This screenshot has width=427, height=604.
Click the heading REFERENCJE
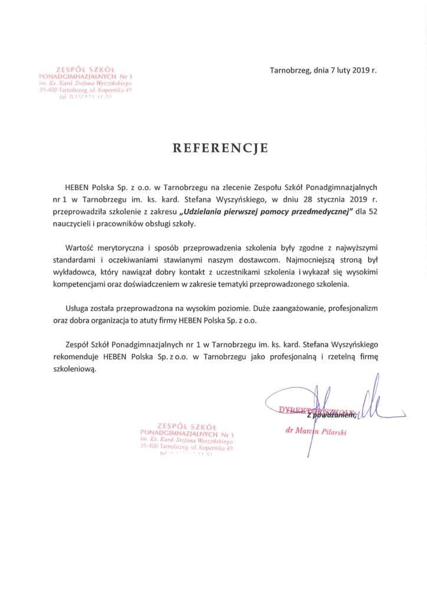click(220, 148)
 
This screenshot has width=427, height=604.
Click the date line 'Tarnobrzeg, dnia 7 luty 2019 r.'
click(323, 70)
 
